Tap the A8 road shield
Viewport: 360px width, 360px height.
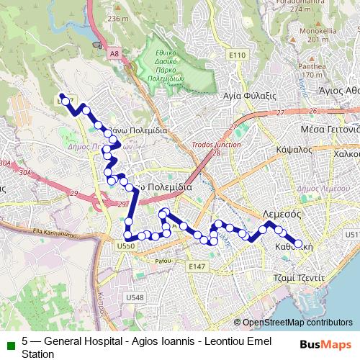pyautogui.click(x=114, y=52)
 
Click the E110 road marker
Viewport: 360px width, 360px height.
pyautogui.click(x=237, y=55)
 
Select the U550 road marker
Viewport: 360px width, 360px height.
pyautogui.click(x=125, y=246)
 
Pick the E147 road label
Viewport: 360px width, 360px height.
pyautogui.click(x=197, y=267)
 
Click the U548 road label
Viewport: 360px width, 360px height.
pyautogui.click(x=135, y=297)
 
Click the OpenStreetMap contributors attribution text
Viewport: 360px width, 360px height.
pyautogui.click(x=297, y=323)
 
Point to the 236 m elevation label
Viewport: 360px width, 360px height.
pyautogui.click(x=116, y=18)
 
